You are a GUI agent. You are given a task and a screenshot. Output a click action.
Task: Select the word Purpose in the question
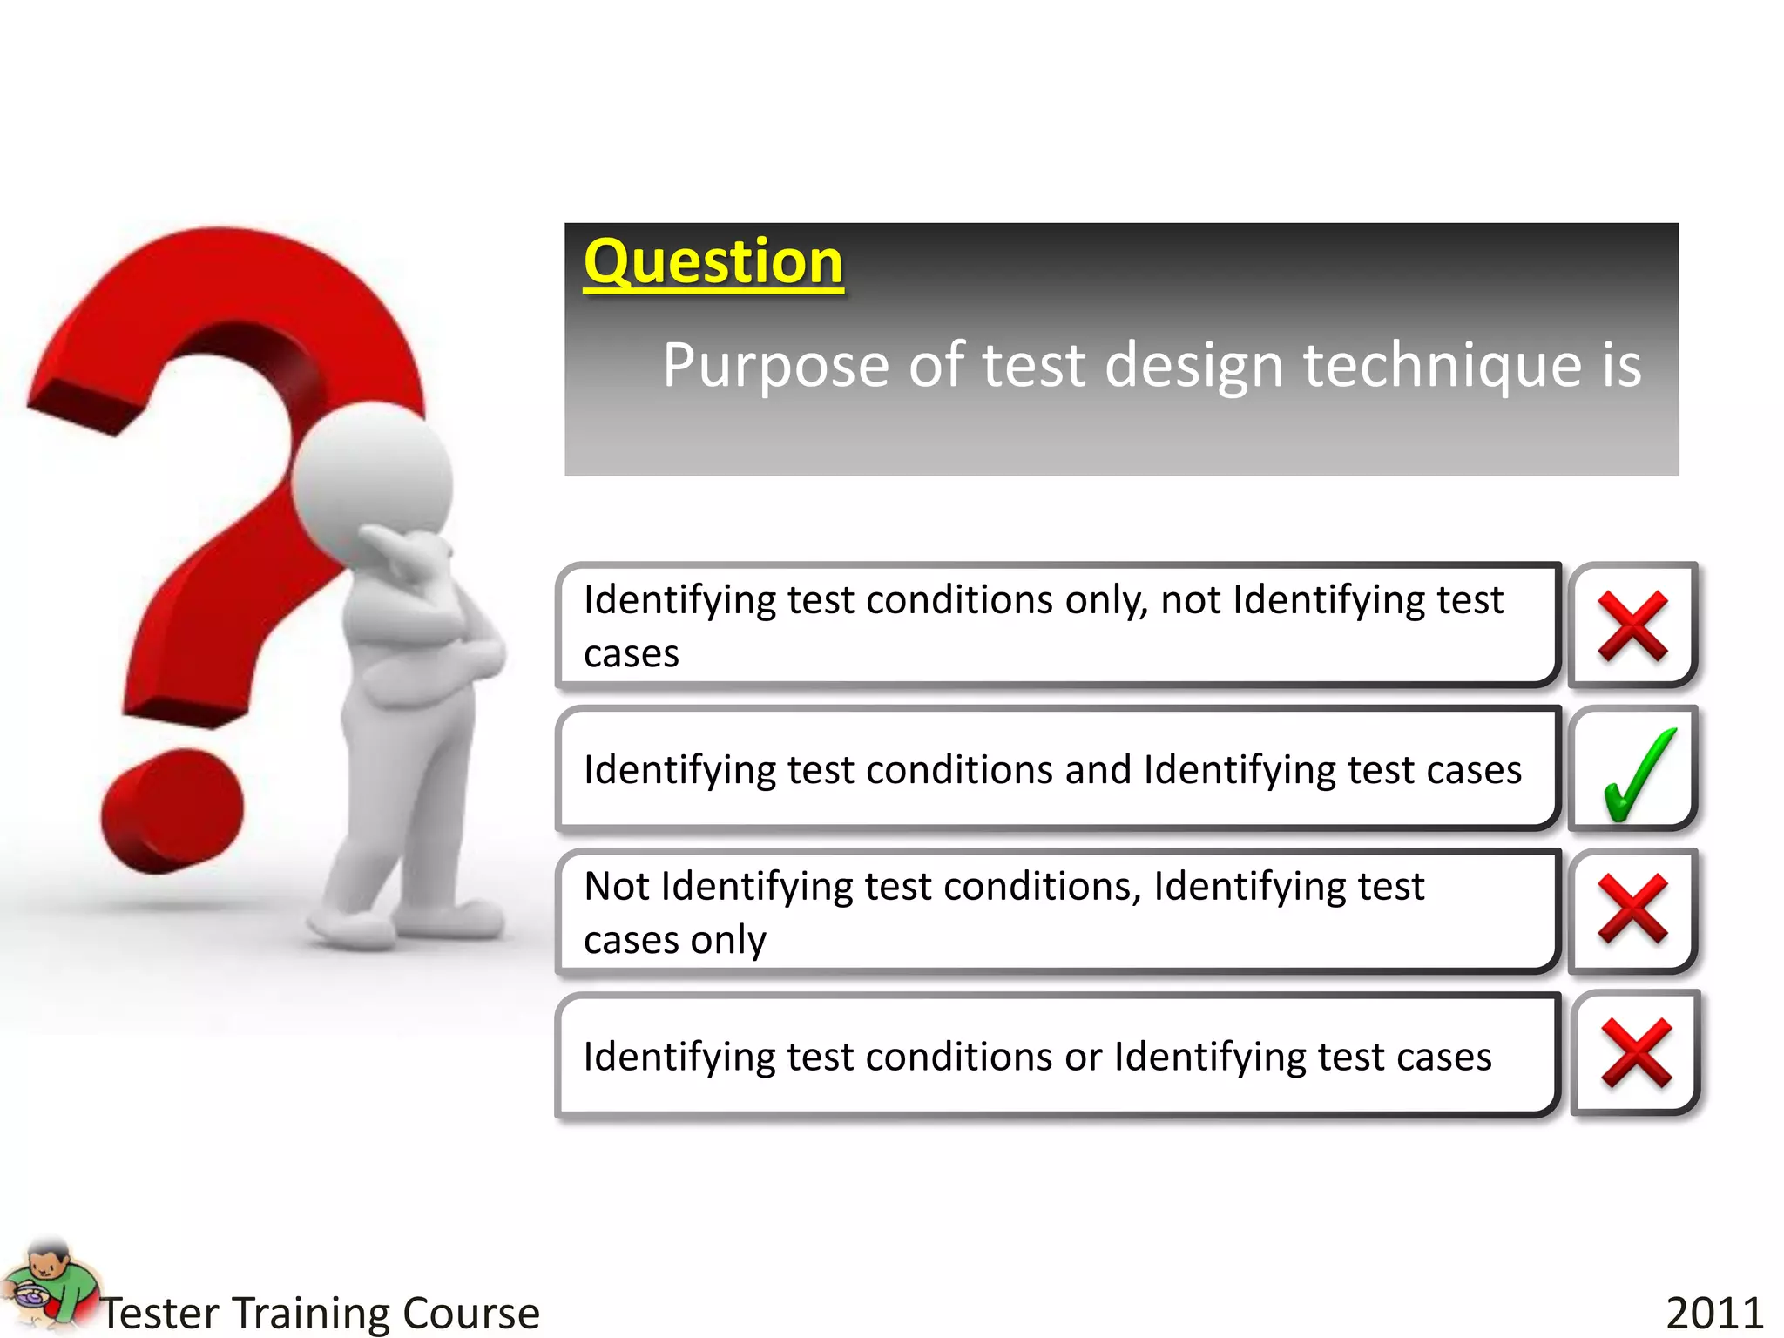tap(775, 366)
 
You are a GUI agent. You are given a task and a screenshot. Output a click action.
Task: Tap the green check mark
tap(1636, 774)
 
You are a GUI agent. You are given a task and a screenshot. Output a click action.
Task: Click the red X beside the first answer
tap(1632, 625)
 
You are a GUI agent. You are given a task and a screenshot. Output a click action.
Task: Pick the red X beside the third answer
tap(1632, 909)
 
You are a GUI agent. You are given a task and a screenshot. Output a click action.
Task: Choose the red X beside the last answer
tap(1635, 1053)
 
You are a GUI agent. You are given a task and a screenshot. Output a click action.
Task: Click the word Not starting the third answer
tap(617, 887)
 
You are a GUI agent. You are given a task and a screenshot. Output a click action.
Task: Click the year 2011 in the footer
tap(1713, 1312)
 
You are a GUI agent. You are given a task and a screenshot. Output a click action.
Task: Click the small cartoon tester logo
tap(48, 1286)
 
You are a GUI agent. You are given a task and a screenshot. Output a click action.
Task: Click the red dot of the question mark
tap(172, 810)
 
